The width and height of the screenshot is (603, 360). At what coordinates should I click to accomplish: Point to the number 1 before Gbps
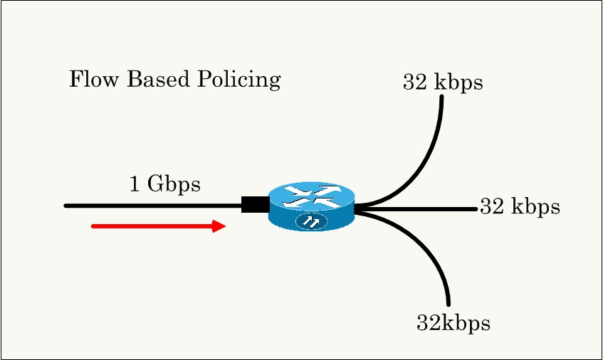[135, 184]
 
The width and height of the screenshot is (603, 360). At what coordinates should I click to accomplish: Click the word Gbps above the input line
[174, 185]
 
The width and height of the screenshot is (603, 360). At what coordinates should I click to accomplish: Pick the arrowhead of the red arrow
[219, 226]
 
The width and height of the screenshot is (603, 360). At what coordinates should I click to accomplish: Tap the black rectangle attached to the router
[255, 204]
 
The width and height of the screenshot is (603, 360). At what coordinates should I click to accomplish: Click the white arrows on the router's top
[311, 195]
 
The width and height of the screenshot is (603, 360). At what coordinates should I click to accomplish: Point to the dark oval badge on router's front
[311, 222]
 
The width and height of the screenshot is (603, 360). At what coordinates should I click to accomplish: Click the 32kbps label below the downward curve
[453, 324]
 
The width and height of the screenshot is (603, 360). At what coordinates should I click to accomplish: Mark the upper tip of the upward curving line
[442, 97]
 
